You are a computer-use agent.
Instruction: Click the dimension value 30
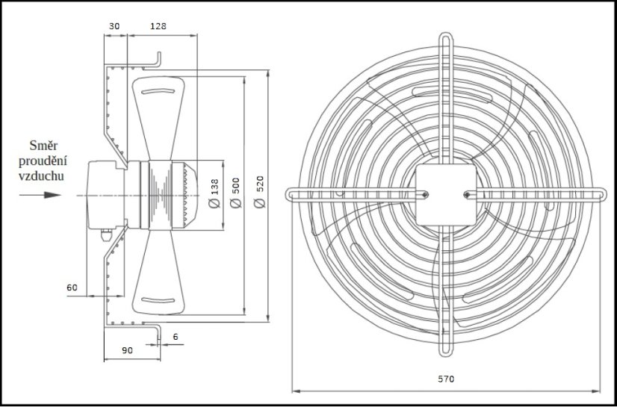pos(114,25)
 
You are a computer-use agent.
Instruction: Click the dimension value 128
pos(158,25)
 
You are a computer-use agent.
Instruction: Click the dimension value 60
pos(72,287)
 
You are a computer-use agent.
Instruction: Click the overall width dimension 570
pos(445,379)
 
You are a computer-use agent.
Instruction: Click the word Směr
pos(44,146)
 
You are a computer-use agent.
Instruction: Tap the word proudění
pos(44,161)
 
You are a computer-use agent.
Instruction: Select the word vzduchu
pos(44,175)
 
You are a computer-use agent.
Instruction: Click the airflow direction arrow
pos(41,195)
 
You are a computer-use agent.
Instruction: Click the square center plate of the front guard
pos(445,195)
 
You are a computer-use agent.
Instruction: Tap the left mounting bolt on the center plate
pos(424,195)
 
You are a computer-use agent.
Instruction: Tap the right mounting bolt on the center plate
pos(467,195)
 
